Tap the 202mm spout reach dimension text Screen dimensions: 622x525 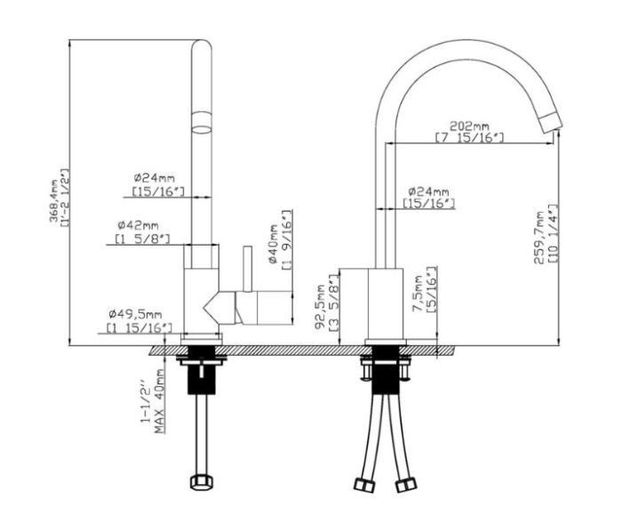pos(469,126)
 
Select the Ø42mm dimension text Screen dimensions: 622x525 pos(138,225)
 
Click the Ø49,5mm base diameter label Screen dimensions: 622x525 pos(135,314)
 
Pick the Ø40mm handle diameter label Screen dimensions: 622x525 pos(274,244)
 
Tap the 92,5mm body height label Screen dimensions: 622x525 pos(320,307)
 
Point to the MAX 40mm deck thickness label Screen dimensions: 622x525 pos(160,401)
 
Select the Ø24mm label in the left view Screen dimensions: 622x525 pos(154,177)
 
